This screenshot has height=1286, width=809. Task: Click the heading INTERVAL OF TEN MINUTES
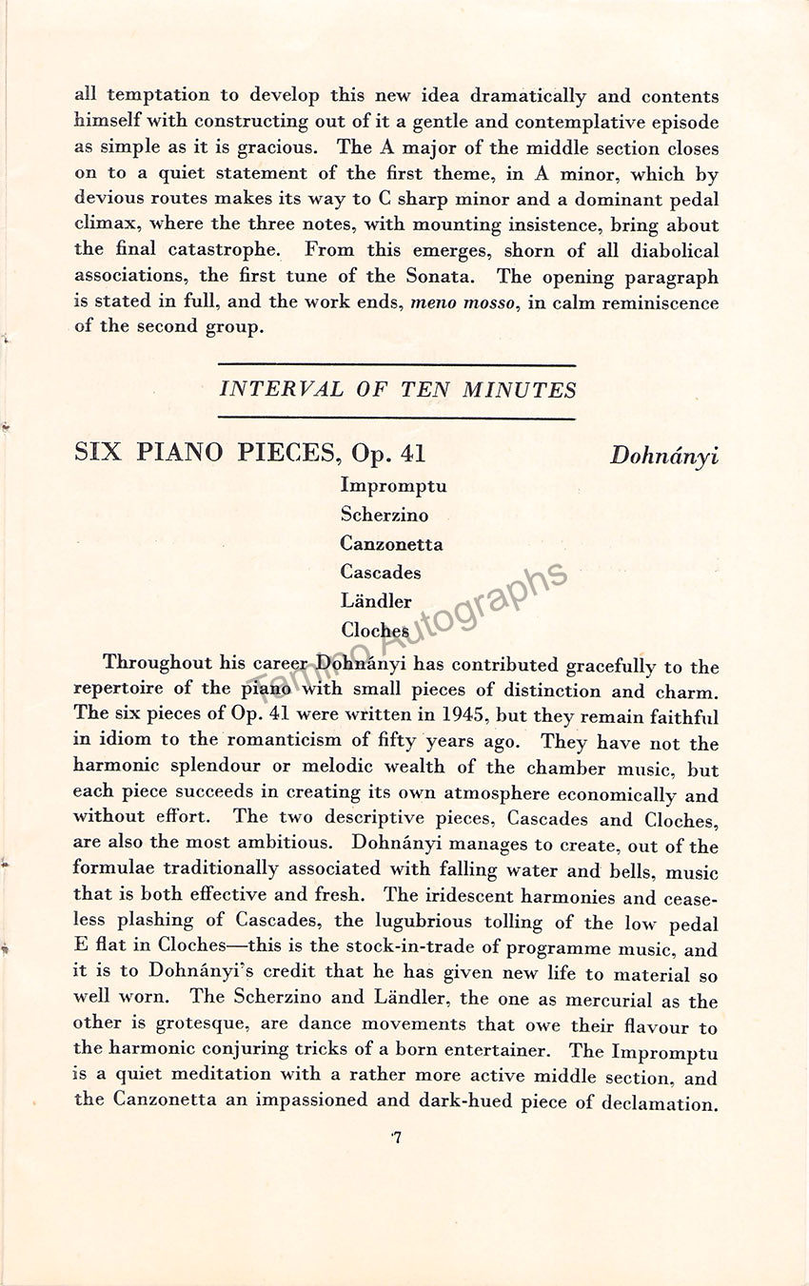pyautogui.click(x=398, y=390)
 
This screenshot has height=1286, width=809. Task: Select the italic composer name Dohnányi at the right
pyautogui.click(x=663, y=456)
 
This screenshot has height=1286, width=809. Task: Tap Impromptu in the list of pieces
pyautogui.click(x=393, y=486)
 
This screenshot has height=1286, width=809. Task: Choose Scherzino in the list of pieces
pyautogui.click(x=385, y=515)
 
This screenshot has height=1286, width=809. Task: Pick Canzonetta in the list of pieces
pyautogui.click(x=391, y=544)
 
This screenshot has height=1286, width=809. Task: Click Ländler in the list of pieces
pyautogui.click(x=376, y=601)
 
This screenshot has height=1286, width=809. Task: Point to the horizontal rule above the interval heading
pyautogui.click(x=397, y=365)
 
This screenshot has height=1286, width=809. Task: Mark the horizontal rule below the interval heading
pyautogui.click(x=397, y=418)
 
